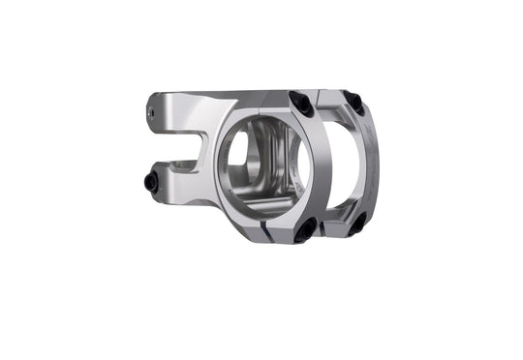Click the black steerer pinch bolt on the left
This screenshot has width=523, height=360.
151,181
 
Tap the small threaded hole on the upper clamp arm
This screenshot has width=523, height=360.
153,112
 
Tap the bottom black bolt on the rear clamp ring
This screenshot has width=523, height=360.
357,224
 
